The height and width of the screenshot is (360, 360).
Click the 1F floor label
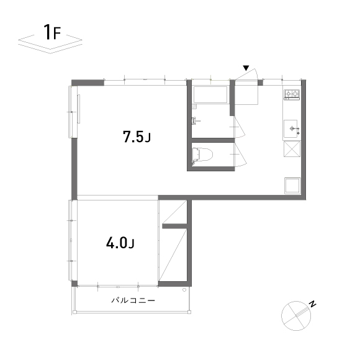coord(52,32)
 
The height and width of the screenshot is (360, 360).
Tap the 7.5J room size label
coord(137,137)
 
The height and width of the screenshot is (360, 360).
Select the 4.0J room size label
coord(120,243)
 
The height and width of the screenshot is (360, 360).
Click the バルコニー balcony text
coord(133,300)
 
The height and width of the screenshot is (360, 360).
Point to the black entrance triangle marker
coord(246,68)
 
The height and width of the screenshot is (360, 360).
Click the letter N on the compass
coord(312,304)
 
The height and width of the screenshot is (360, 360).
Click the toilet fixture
coord(202,155)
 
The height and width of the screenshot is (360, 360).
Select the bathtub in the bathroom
coord(210,94)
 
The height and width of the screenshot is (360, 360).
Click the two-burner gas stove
coord(292,94)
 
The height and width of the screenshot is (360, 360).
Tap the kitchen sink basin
coord(290,128)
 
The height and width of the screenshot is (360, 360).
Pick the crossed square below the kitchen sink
coord(292,149)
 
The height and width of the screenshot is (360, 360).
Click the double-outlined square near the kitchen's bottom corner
coord(292,186)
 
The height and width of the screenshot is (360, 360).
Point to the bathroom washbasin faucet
coord(195,120)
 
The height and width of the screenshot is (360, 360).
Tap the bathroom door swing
coord(240,127)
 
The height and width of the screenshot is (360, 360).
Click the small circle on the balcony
coord(184,290)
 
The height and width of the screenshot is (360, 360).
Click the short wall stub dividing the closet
coord(174,226)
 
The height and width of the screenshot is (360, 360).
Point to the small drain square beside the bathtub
coord(194,106)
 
